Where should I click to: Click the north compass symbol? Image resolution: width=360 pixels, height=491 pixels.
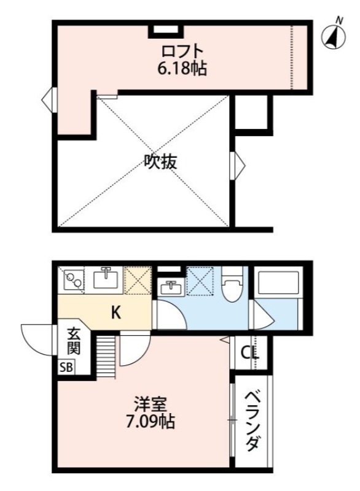(x=332, y=37)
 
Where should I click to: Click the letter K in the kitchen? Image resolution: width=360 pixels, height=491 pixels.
(x=115, y=313)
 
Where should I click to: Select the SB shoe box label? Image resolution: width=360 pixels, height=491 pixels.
(x=65, y=369)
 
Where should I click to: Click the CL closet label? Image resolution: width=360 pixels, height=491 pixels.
(x=249, y=353)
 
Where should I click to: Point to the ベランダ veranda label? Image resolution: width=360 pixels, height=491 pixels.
(x=253, y=424)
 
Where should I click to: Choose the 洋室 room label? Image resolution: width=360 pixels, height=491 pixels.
(x=148, y=404)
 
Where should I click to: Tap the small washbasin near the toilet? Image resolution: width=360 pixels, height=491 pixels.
(x=169, y=287)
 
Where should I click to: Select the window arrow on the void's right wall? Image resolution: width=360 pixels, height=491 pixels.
(x=238, y=164)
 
